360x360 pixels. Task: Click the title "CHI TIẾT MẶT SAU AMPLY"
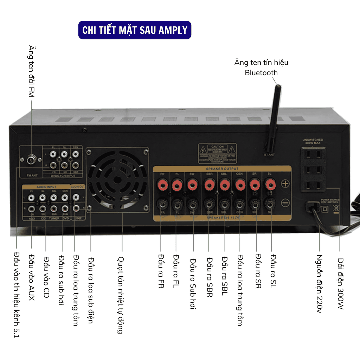click(x=135, y=30)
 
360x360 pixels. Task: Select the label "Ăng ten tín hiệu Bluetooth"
click(x=261, y=67)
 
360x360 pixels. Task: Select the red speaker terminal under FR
click(x=162, y=184)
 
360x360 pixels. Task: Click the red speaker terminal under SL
click(x=270, y=184)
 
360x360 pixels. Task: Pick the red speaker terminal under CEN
click(x=240, y=184)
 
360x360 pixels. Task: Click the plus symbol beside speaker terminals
click(x=285, y=184)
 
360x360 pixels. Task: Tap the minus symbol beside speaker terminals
click(x=285, y=203)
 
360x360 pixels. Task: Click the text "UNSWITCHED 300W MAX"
click(x=313, y=141)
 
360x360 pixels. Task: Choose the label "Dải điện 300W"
click(x=340, y=283)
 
